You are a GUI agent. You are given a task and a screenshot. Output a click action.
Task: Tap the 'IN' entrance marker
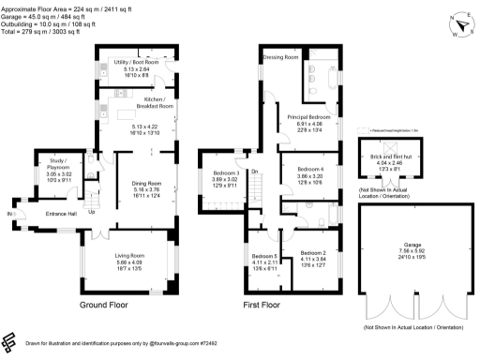point(10,214)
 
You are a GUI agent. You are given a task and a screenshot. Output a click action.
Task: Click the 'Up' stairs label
point(91,211)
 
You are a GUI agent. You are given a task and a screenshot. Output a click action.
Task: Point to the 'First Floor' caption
point(263,307)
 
